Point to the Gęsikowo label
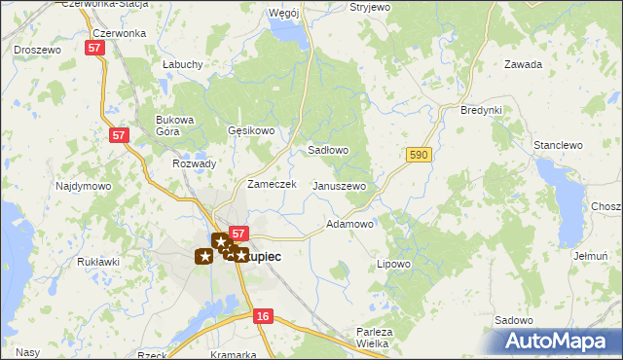pos(252,130)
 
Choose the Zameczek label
pos(272,184)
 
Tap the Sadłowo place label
pos(328,151)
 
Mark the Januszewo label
pos(339,186)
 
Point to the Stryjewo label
pos(370,7)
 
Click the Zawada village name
pos(523,65)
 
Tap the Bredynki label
pos(481,110)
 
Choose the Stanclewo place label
pos(558,145)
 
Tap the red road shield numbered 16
pos(263,316)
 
